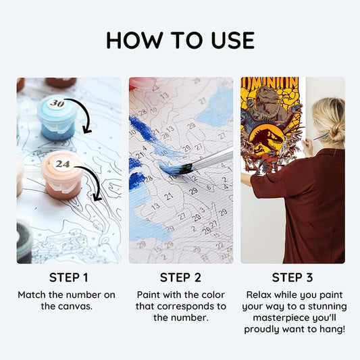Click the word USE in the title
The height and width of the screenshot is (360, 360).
click(233, 40)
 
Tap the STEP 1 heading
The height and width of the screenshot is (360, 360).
click(69, 278)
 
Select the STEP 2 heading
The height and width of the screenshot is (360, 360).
click(180, 278)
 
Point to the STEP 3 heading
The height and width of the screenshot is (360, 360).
click(292, 278)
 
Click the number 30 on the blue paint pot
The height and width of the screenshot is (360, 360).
click(57, 103)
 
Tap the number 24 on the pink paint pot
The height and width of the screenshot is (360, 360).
click(63, 164)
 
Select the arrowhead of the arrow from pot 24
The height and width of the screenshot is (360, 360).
click(97, 197)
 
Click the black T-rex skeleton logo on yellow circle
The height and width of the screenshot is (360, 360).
click(267, 140)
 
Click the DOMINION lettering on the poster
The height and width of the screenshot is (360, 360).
click(270, 83)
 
